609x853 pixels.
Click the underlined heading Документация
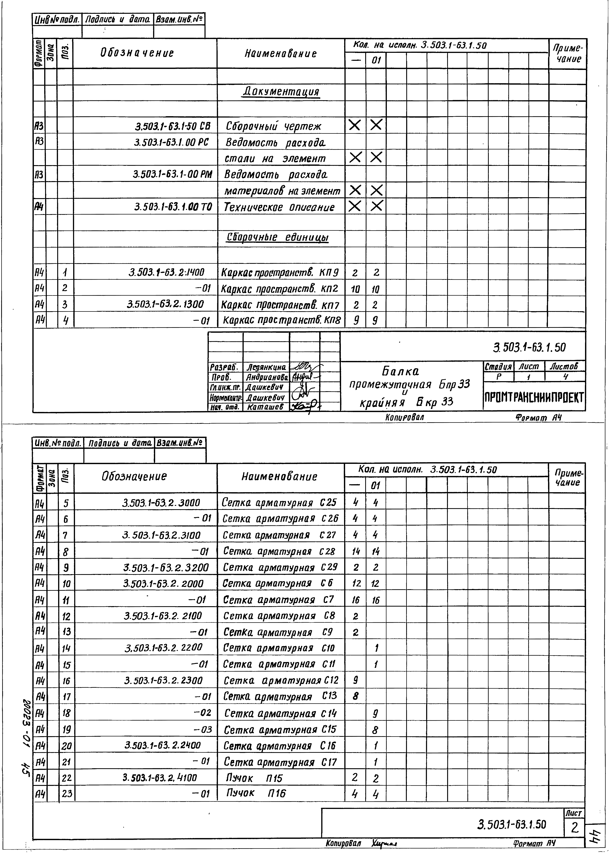point(281,91)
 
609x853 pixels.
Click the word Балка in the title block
point(401,371)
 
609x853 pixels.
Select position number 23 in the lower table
point(67,793)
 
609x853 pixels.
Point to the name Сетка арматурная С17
point(280,762)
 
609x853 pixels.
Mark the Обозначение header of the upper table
point(137,53)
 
